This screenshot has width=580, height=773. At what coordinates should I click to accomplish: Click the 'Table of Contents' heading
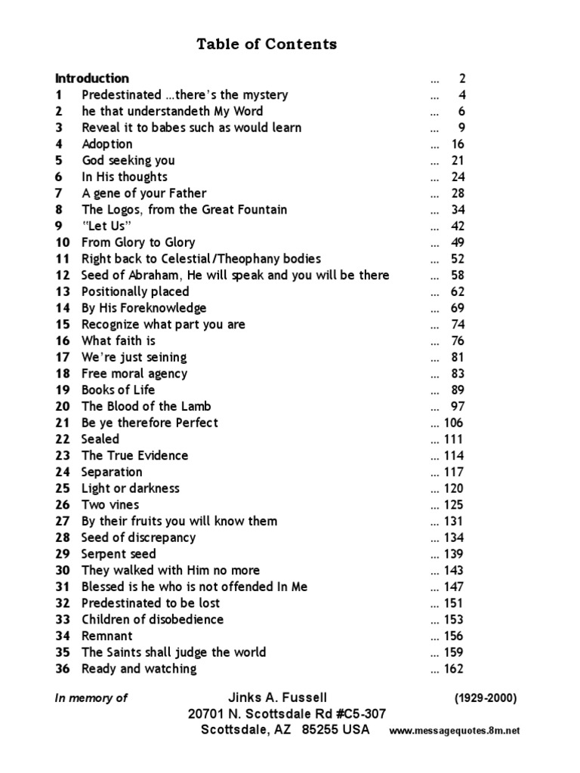point(267,44)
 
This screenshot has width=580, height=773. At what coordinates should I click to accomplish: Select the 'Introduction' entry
point(91,79)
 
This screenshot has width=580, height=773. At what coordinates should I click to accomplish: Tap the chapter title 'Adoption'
point(106,144)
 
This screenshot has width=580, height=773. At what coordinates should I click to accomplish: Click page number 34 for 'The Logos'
point(458,210)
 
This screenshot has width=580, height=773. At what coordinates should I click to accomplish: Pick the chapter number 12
point(62,276)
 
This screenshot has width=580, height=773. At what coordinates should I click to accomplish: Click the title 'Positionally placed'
point(135,291)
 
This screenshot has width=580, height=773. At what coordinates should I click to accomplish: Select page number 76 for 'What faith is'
point(458,341)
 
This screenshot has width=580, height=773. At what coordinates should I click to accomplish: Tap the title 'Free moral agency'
point(134,374)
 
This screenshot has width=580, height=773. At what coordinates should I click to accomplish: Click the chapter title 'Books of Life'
point(118,390)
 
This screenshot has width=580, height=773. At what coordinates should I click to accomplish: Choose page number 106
point(454,423)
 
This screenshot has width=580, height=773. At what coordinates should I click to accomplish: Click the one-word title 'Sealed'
point(100,439)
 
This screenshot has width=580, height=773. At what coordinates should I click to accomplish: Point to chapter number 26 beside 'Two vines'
point(62,505)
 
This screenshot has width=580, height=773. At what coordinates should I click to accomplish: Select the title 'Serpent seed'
point(119,554)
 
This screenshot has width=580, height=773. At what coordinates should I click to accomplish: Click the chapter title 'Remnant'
point(106,636)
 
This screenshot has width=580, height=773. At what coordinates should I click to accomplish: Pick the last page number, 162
point(454,669)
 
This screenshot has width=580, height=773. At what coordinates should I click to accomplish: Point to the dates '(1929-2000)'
point(486,699)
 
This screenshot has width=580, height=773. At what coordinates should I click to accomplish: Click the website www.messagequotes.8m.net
point(455,731)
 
